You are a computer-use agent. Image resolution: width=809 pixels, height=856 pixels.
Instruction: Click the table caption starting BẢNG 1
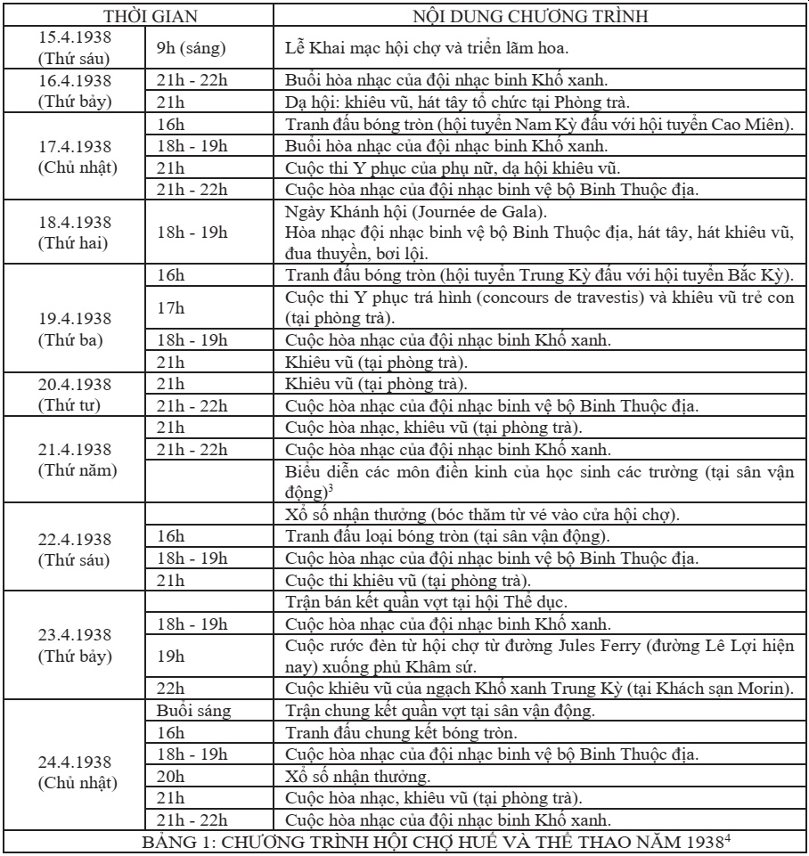pos(404,841)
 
